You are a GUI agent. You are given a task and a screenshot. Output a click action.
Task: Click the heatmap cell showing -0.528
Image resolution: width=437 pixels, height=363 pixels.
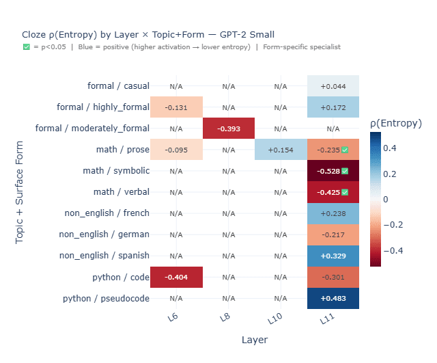tap(333, 171)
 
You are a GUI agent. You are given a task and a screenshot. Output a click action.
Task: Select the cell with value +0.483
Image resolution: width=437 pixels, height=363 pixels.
tap(333, 298)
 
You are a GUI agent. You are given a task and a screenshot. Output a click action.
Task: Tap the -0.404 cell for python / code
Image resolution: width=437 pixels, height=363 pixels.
tap(176, 277)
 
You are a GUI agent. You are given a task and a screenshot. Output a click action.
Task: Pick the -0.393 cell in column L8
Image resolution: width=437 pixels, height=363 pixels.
tap(228, 129)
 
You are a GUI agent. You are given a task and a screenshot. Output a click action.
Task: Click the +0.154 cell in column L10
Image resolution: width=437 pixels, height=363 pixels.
tap(281, 150)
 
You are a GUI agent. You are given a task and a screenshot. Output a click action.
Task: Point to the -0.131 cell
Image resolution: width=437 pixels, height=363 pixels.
tap(176, 107)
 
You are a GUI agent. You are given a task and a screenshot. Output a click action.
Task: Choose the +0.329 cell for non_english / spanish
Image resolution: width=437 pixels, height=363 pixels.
tap(333, 256)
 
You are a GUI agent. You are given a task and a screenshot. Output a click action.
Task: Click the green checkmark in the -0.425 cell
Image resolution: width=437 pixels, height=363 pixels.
tap(345, 192)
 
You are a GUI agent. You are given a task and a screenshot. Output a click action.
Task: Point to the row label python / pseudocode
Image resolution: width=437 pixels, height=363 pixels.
tap(106, 298)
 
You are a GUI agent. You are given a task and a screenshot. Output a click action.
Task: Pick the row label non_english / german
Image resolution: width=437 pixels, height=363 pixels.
tap(104, 234)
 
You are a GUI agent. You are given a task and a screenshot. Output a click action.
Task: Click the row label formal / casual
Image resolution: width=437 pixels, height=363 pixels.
tap(118, 86)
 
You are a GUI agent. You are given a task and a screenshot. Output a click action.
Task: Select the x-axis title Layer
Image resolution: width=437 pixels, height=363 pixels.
tap(254, 340)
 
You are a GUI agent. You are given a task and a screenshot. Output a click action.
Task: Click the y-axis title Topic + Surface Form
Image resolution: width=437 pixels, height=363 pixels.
tap(20, 192)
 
